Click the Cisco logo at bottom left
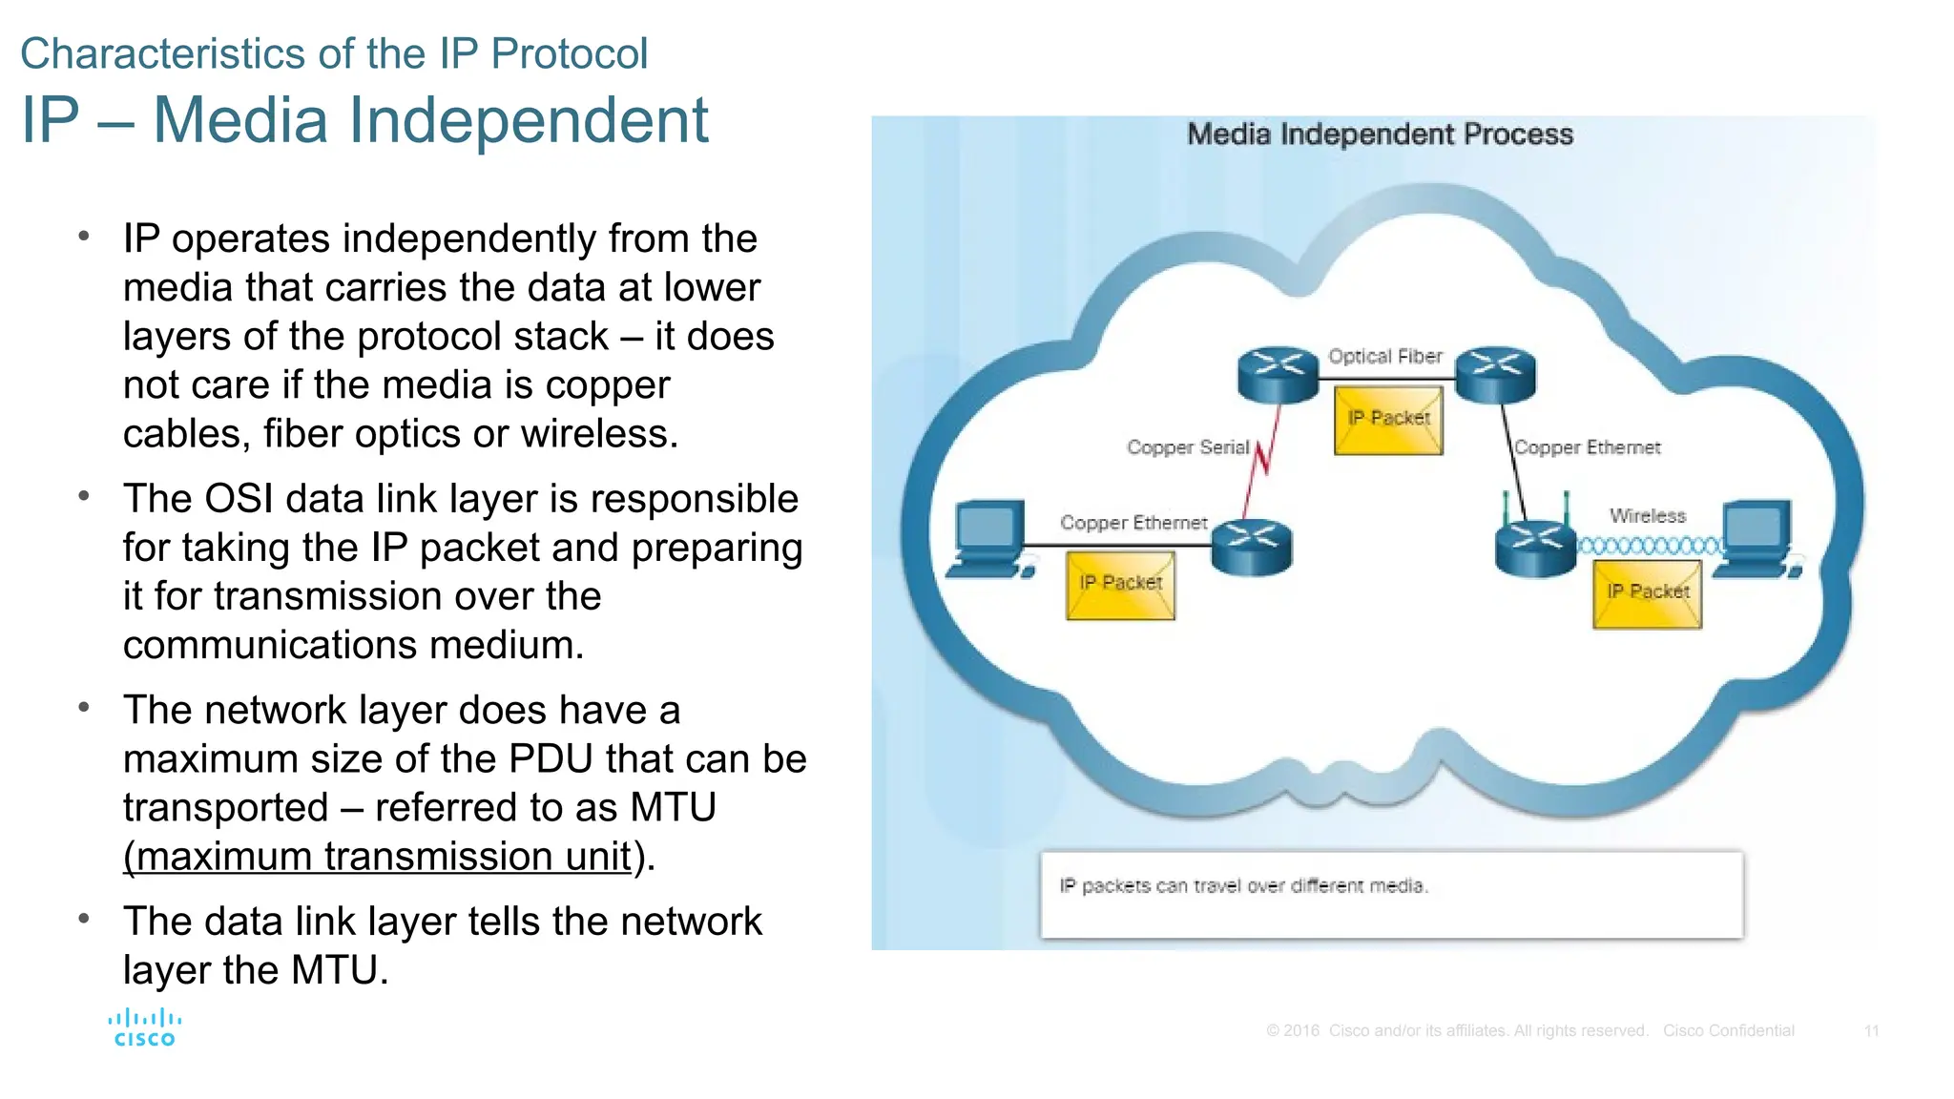[144, 1028]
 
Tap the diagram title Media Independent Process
[1379, 135]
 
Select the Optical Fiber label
[1384, 357]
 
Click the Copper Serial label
[1187, 447]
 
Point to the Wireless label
[1647, 516]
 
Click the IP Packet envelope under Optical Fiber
[1388, 421]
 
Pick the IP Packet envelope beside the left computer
[1120, 586]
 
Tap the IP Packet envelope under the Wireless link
[1647, 594]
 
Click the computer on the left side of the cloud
[989, 540]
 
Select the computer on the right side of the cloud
[1757, 540]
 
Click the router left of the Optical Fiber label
[1278, 374]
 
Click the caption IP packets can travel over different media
[1243, 886]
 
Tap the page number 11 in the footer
[1871, 1031]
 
